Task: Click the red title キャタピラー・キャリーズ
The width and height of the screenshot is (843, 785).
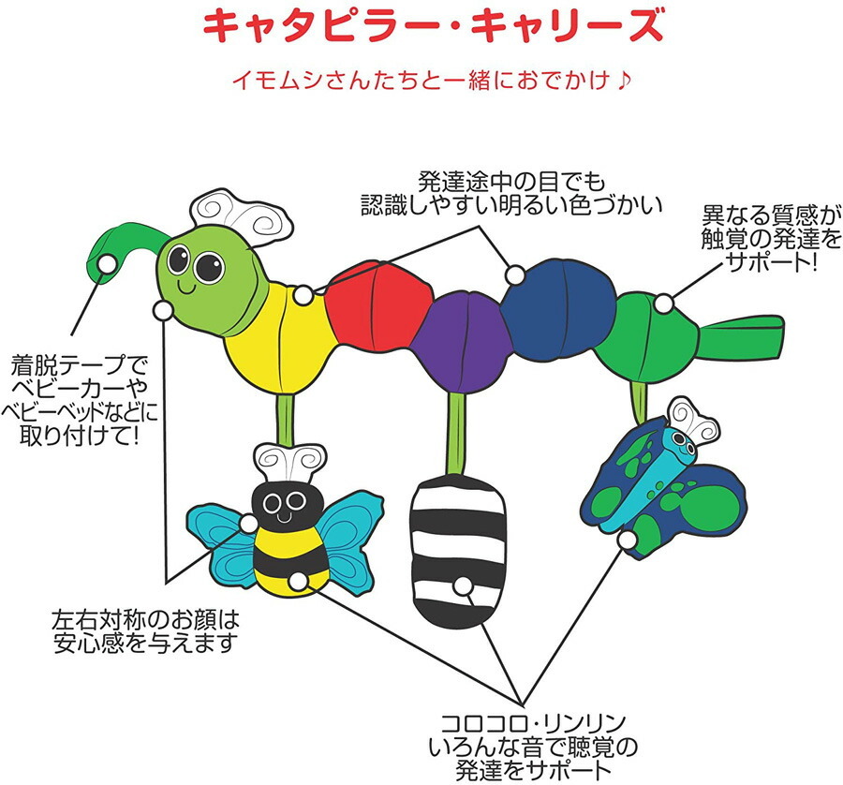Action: tap(434, 26)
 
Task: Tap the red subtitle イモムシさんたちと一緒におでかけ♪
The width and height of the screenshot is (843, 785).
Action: tap(430, 81)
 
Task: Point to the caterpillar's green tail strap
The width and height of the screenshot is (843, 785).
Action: tap(741, 336)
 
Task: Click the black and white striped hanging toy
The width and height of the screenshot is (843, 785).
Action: tap(458, 551)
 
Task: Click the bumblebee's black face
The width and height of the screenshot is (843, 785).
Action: tap(286, 504)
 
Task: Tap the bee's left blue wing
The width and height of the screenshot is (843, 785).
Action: tap(221, 543)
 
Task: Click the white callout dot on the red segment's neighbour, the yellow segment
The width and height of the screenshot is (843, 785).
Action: tap(303, 295)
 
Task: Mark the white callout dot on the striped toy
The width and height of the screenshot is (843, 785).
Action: tap(462, 586)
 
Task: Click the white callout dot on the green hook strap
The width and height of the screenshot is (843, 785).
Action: tap(108, 263)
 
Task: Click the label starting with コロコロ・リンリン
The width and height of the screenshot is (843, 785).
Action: tap(533, 748)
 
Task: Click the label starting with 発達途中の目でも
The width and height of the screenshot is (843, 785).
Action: tap(510, 194)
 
